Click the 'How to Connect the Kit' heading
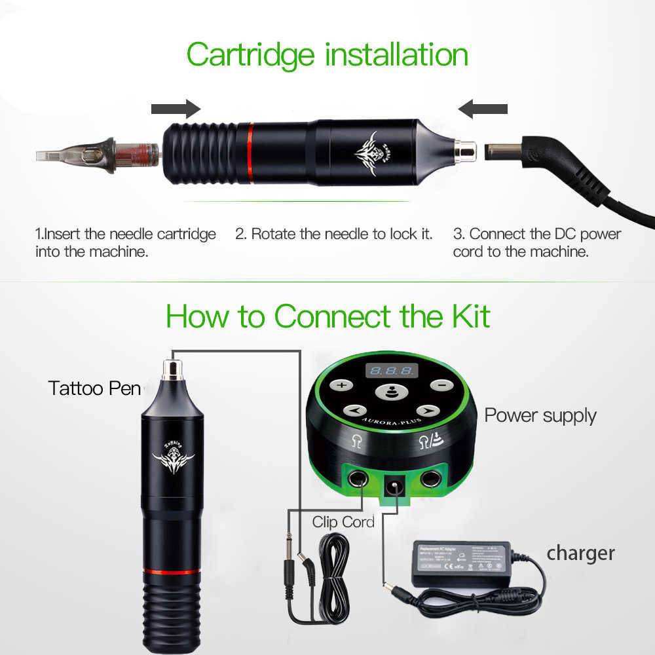tap(327, 316)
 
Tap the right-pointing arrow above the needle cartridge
tap(175, 109)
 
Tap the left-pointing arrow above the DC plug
tap(483, 109)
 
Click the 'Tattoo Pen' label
tap(94, 388)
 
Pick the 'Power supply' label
tap(540, 415)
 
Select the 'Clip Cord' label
tap(343, 522)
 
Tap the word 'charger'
tap(580, 553)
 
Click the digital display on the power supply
tap(391, 371)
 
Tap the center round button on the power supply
tap(390, 394)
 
